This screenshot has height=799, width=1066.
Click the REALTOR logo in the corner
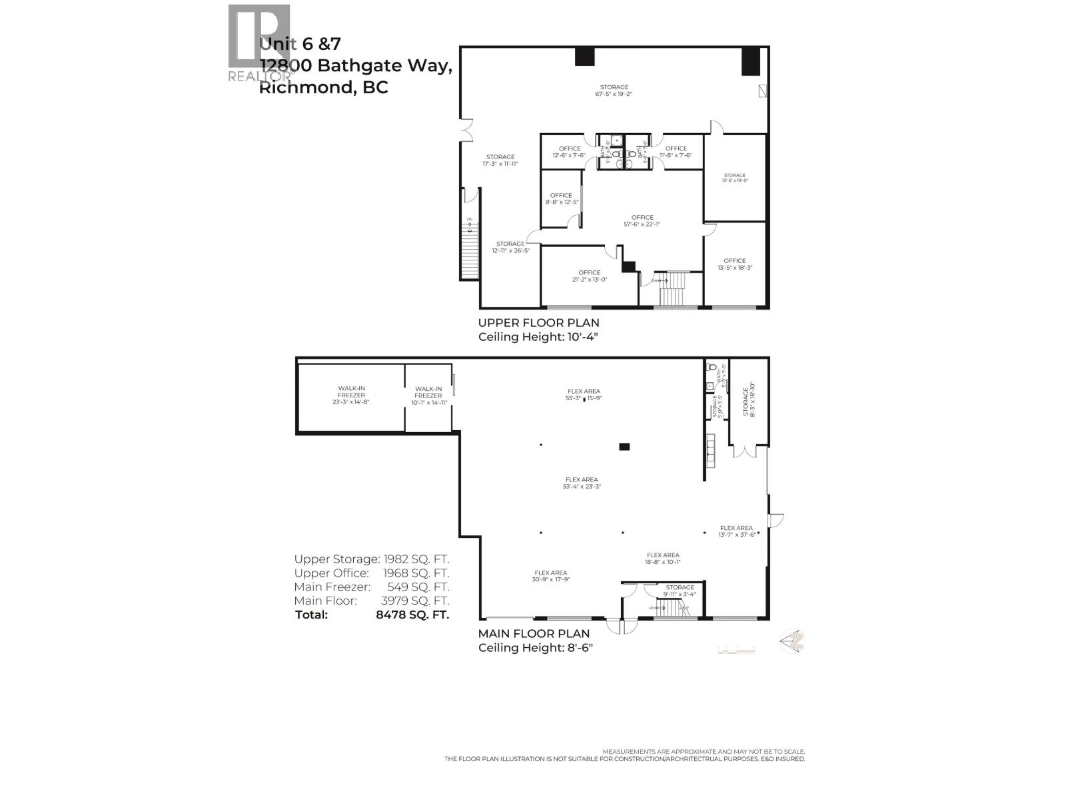pos(259,44)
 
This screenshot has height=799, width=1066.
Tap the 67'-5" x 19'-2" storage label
pos(614,91)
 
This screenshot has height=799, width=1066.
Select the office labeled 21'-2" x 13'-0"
pos(590,276)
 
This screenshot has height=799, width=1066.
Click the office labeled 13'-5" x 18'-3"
pos(735,264)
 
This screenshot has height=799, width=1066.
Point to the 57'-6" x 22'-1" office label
pos(642,221)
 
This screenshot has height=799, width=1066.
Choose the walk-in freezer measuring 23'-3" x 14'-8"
pos(351,395)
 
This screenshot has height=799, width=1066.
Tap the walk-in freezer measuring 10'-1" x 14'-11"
pos(428,396)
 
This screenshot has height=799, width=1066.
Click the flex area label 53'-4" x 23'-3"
pos(582,483)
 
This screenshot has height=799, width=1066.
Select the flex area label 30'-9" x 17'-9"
pos(550,576)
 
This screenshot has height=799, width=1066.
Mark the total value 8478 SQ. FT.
pos(412,615)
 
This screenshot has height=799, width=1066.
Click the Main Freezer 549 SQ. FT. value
pos(418,587)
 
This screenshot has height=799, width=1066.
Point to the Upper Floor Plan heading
pos(538,323)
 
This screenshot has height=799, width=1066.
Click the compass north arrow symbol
pos(793,641)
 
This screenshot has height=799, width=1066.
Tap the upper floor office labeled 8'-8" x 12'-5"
pos(561,198)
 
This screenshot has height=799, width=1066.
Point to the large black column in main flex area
pos(624,447)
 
